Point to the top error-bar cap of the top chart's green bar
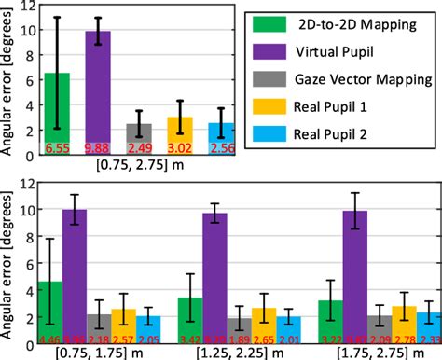pyautogui.click(x=58, y=17)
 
